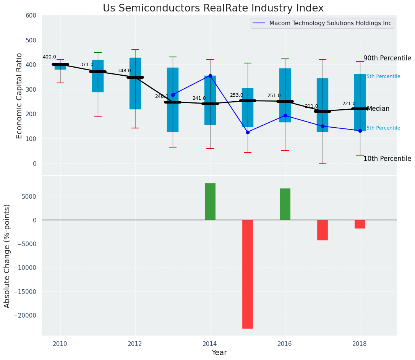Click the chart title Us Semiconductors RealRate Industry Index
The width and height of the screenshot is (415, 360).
[x=213, y=8]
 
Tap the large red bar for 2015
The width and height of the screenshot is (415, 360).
[x=248, y=274]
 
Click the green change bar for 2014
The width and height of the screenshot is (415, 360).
[x=210, y=201]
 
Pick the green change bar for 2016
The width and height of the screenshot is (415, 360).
[x=285, y=204]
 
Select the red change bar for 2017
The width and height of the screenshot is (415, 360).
[x=323, y=230]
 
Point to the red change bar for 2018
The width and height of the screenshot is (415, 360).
[x=360, y=224]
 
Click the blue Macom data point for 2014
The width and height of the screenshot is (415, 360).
[x=210, y=76]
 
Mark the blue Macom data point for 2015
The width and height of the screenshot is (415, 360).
[x=248, y=132]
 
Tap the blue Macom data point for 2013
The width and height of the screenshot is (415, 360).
[x=173, y=95]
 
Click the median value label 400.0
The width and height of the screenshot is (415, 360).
[x=49, y=57]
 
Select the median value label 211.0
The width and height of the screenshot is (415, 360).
[x=311, y=107]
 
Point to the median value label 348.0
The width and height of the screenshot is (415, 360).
[x=124, y=71]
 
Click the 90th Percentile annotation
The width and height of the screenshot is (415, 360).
[x=387, y=58]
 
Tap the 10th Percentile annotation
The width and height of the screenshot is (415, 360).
[x=387, y=159]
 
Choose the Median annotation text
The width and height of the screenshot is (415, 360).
[x=378, y=109]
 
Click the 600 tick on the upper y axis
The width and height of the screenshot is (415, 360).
[x=31, y=16]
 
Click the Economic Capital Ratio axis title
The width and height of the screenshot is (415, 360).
[x=19, y=95]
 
